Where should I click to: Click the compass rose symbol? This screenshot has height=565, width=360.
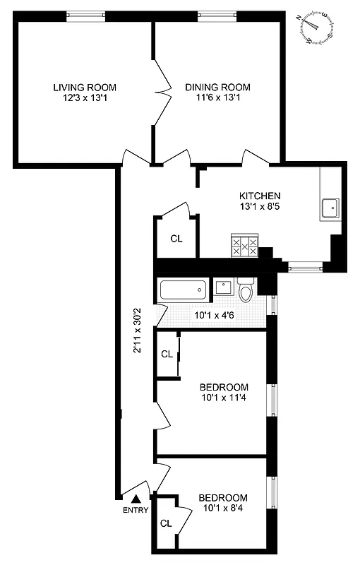coord(316,28)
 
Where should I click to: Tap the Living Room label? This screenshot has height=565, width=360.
coord(85,88)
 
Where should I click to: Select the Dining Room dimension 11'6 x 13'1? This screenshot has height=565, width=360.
coord(217,98)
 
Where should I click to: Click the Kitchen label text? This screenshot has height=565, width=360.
coord(260,196)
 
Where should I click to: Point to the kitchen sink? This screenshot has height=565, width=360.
coord(330,208)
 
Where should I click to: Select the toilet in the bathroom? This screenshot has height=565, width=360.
coord(246,291)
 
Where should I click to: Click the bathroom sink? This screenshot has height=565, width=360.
coord(223,287)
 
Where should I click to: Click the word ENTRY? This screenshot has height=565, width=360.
coord(136,511)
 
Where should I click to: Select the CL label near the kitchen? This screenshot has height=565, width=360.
coord(176,238)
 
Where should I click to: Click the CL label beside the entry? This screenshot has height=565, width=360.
coord(167,524)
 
